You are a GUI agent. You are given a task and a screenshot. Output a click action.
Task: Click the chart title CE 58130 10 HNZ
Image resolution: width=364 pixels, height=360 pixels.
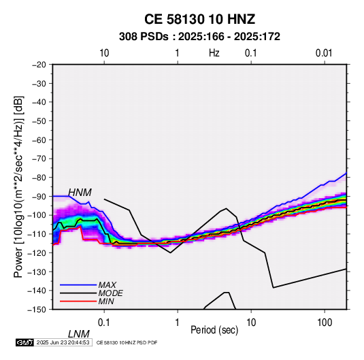click(199, 19)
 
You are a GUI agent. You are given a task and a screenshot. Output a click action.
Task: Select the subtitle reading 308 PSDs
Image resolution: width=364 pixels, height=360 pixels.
click(144, 37)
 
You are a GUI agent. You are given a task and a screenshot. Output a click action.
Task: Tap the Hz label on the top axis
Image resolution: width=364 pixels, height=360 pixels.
click(214, 53)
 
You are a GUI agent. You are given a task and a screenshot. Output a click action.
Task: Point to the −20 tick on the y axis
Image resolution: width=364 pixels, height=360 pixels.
click(39, 65)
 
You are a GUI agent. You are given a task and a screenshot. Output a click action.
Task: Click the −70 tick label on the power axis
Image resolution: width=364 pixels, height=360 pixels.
click(39, 159)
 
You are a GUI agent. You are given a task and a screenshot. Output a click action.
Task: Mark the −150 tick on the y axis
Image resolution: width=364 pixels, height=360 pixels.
click(37, 310)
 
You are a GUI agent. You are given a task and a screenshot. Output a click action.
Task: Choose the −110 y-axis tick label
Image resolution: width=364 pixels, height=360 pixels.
click(37, 234)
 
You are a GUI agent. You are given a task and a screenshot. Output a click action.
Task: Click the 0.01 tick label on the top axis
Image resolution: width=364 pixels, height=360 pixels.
click(324, 53)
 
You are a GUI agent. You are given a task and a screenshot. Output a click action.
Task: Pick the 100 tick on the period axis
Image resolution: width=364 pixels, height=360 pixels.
click(325, 323)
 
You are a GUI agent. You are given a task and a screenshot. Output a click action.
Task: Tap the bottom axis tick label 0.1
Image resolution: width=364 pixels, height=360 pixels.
click(104, 323)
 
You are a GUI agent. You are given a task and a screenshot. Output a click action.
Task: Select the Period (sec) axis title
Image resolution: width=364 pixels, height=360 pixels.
click(214, 330)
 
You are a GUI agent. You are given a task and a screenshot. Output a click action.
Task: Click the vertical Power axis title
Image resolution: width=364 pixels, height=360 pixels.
click(18, 186)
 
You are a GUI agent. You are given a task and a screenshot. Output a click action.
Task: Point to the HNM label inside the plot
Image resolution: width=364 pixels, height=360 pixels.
click(80, 193)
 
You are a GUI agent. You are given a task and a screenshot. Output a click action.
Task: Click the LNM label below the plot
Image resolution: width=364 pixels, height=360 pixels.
click(79, 334)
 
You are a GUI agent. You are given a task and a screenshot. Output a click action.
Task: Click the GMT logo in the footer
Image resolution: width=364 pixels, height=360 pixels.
click(24, 342)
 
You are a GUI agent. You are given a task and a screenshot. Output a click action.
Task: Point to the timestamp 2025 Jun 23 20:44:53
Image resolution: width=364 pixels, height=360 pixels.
click(63, 342)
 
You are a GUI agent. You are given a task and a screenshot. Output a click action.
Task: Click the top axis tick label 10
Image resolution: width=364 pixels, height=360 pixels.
click(104, 53)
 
